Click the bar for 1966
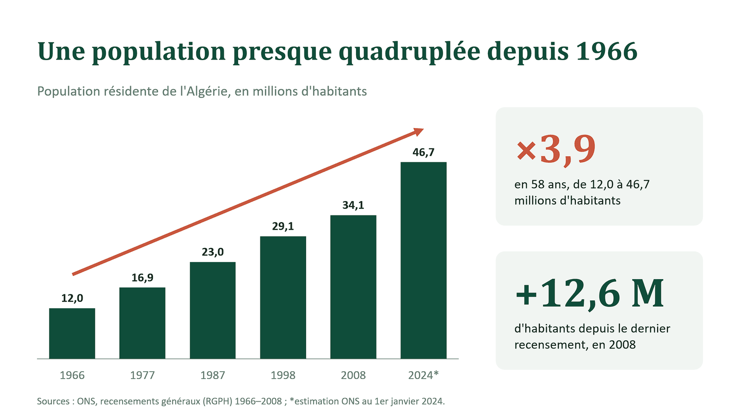tap(72, 333)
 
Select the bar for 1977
tap(142, 323)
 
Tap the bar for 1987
tap(213, 310)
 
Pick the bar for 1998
tap(283, 298)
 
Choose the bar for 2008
tap(353, 287)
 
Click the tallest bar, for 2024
tap(424, 261)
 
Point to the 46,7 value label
tap(424, 153)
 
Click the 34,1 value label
tap(353, 205)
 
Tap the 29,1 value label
tap(283, 226)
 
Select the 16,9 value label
tap(142, 278)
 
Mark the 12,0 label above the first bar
tap(72, 299)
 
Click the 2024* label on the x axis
tap(424, 375)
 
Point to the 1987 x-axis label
tap(213, 375)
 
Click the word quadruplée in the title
tap(409, 52)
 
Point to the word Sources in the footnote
tap(53, 402)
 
